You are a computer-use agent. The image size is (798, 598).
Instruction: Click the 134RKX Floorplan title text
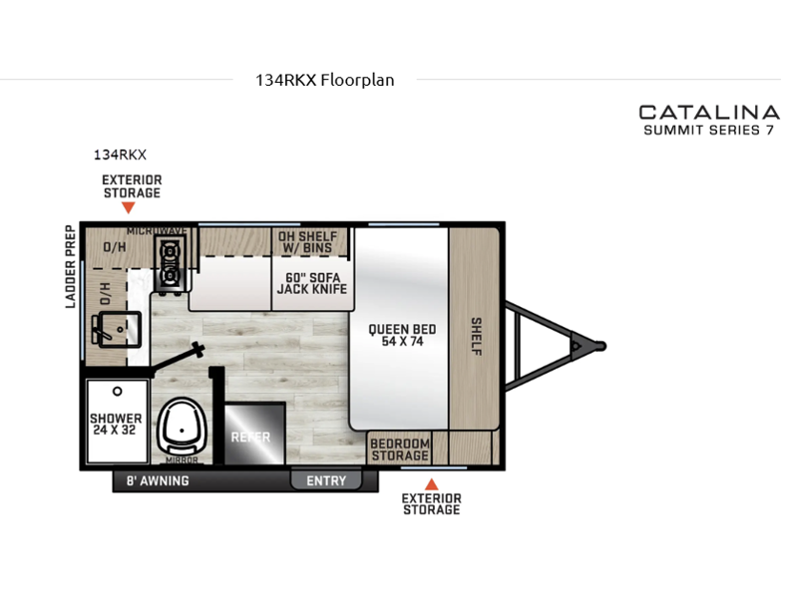[x=325, y=81]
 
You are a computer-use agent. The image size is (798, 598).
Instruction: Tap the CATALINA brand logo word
[x=709, y=113]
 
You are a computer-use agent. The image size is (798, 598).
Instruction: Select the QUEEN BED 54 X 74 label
[x=402, y=335]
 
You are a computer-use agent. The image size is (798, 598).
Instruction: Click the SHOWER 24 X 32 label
[x=116, y=425]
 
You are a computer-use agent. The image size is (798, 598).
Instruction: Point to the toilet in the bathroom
[x=182, y=428]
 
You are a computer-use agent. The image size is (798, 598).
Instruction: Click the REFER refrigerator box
[x=254, y=434]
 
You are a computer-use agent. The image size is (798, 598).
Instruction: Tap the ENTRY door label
[x=326, y=480]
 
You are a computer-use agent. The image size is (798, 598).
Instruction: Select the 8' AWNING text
[x=158, y=480]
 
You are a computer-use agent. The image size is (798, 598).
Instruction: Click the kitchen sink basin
[x=120, y=330]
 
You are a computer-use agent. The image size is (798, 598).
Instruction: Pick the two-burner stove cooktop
[x=170, y=265]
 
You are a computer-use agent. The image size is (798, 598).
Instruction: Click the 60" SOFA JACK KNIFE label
[x=312, y=283]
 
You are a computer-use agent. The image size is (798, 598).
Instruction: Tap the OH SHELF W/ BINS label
[x=308, y=242]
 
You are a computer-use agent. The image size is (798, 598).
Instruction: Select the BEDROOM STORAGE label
[x=400, y=449]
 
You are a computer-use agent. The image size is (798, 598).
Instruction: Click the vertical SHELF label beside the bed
[x=476, y=336]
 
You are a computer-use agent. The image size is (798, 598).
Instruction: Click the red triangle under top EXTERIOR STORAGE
[x=129, y=207]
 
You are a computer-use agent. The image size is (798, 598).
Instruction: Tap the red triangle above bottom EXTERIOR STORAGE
[x=432, y=484]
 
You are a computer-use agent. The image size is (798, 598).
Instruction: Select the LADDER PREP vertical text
[x=70, y=266]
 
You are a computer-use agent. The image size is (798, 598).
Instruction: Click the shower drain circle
[x=118, y=392]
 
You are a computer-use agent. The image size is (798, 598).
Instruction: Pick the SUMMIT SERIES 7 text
[x=708, y=131]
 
